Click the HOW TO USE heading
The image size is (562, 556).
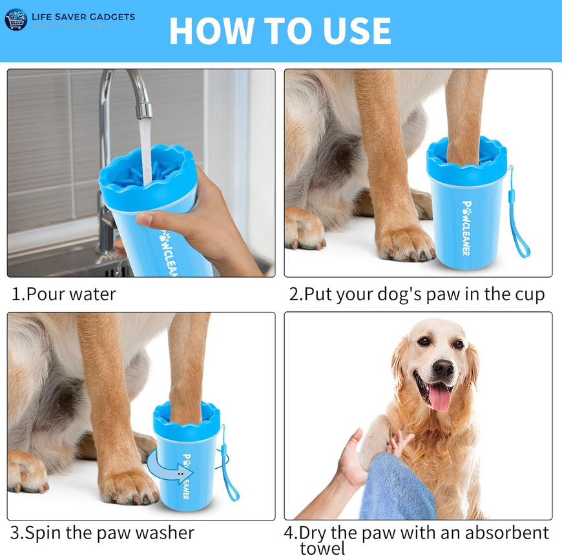pyautogui.click(x=280, y=30)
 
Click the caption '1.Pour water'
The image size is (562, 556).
pyautogui.click(x=64, y=294)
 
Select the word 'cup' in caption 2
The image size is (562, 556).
pyautogui.click(x=529, y=294)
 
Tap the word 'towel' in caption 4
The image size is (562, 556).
pyautogui.click(x=322, y=548)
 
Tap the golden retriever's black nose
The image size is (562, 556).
pyautogui.click(x=443, y=368)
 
